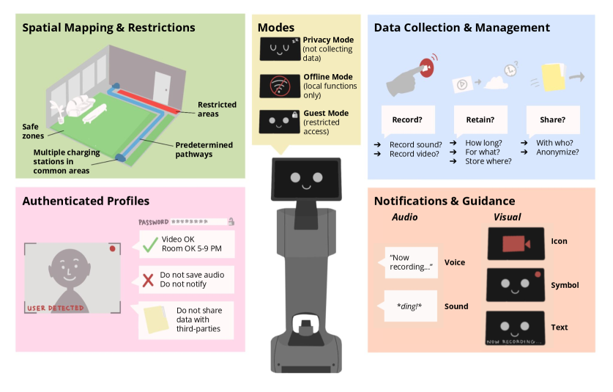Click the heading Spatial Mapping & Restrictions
pos(108,29)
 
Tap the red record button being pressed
pos(428,67)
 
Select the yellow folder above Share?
pos(554,77)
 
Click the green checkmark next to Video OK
pos(150,245)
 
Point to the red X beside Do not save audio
pos(149,279)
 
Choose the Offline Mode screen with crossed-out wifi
pos(279,85)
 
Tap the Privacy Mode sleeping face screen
pos(279,48)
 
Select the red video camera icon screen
pos(515,243)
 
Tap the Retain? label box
pos(480,119)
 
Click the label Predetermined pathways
pos(204,149)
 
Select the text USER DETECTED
pos(55,308)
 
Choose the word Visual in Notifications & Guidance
pos(508,218)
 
